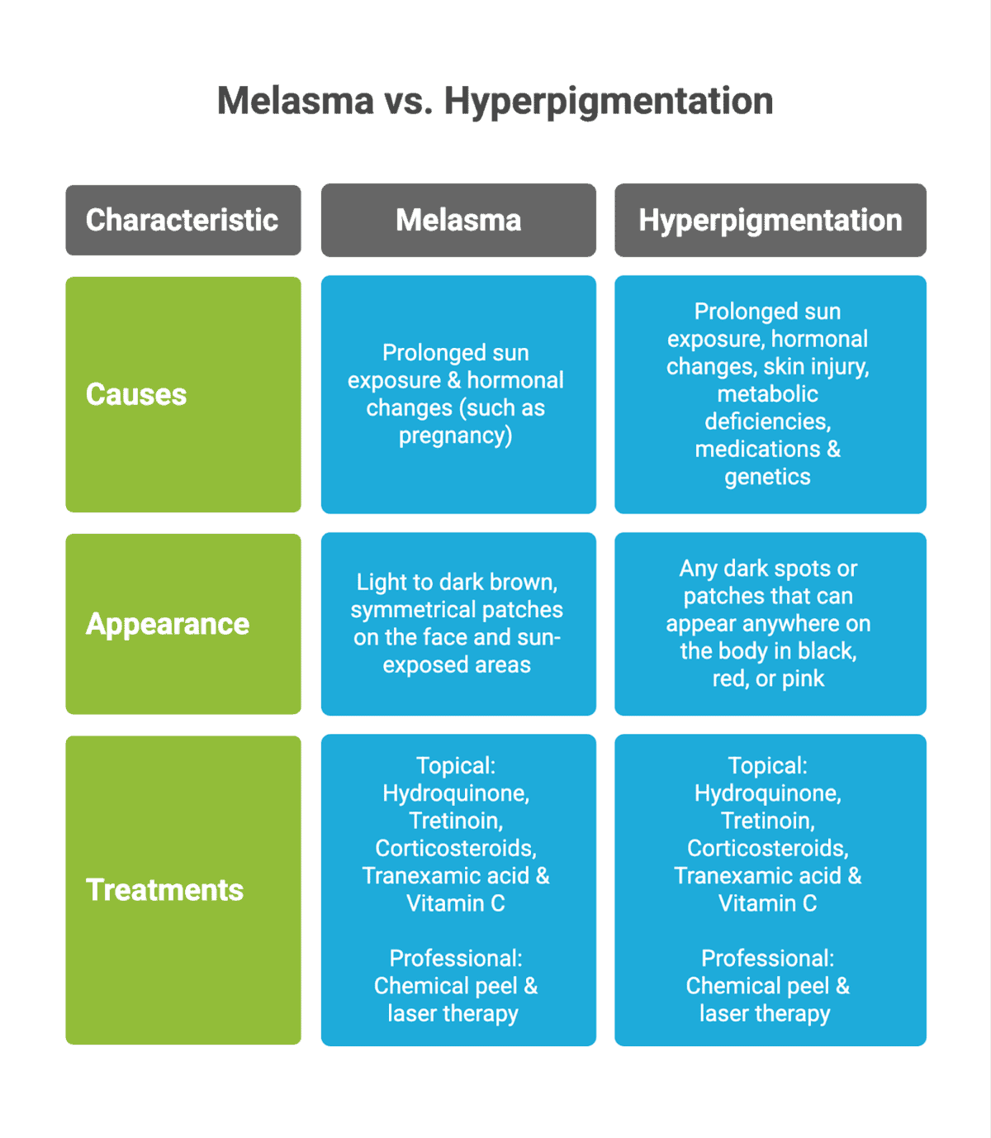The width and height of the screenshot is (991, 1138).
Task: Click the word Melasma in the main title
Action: (x=295, y=101)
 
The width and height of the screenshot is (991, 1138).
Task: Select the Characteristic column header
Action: (x=183, y=220)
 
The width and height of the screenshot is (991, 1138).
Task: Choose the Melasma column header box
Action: (x=458, y=220)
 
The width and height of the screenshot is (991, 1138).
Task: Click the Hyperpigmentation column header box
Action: (x=770, y=220)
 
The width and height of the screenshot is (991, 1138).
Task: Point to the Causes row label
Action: (x=136, y=394)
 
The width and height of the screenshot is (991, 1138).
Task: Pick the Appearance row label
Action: (x=168, y=624)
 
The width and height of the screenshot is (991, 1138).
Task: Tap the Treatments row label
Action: (x=164, y=890)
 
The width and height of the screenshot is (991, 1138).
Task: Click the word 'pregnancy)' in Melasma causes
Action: (x=456, y=436)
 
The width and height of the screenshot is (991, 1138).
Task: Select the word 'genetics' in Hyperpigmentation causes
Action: (x=767, y=477)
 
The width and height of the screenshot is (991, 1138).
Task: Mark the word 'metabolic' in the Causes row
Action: (x=767, y=394)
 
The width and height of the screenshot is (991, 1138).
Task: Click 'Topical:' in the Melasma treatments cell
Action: (x=456, y=765)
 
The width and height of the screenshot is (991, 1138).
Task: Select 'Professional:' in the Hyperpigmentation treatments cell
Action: (x=767, y=959)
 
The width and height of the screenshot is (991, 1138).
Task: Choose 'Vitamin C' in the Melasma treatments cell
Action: (x=456, y=903)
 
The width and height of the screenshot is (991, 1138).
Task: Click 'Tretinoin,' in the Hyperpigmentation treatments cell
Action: (x=767, y=821)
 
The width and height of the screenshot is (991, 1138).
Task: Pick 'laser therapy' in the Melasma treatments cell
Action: (x=453, y=1014)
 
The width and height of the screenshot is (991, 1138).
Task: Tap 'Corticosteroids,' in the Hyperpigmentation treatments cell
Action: (x=767, y=849)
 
